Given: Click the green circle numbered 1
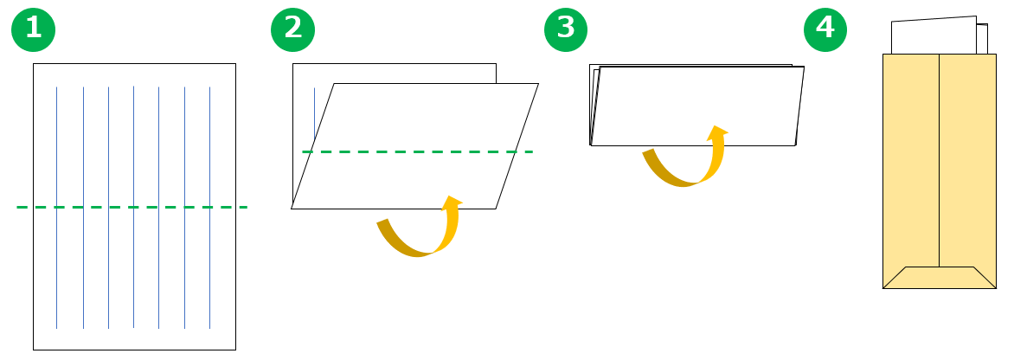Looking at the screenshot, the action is click(33, 29).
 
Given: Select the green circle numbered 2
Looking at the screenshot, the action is click(292, 29).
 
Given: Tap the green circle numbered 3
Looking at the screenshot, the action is click(566, 29).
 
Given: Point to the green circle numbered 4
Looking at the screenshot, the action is click(825, 29).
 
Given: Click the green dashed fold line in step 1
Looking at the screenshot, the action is click(132, 208).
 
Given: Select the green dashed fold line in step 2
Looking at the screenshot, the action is click(417, 152).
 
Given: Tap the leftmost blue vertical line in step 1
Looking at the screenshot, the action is click(57, 208).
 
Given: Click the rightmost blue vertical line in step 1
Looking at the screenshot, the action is click(209, 208).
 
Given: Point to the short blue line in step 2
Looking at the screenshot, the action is click(314, 113).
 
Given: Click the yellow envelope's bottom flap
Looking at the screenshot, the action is click(939, 278).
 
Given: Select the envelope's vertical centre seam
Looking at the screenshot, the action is click(939, 160).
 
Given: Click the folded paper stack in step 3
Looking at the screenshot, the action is click(697, 106).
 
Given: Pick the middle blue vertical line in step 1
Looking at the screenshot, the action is click(133, 208).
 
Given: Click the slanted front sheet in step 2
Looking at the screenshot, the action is click(415, 146).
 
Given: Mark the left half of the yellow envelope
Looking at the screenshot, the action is click(910, 160).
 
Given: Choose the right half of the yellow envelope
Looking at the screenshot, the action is click(967, 160).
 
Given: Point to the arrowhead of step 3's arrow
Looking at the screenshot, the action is click(716, 132).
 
